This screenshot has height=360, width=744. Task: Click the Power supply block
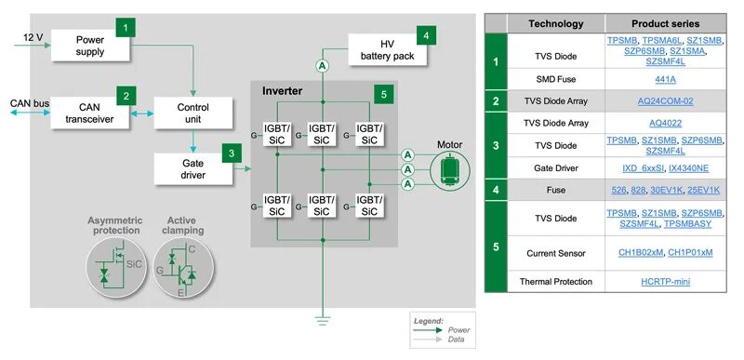(90, 46)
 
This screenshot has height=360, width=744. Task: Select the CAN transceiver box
(90, 113)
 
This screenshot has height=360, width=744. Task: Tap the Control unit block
(193, 113)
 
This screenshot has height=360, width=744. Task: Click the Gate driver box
(193, 169)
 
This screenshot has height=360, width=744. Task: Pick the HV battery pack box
(388, 50)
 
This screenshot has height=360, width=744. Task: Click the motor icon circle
(450, 169)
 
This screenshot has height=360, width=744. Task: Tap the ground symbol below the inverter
(323, 321)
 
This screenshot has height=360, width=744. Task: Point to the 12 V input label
(33, 37)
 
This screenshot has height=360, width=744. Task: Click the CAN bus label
(31, 102)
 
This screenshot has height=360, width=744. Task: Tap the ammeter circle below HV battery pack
(323, 67)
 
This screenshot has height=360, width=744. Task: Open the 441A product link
(665, 79)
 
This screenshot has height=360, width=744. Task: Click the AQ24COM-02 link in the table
(665, 101)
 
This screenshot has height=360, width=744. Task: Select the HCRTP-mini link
(665, 282)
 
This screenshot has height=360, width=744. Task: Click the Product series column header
(665, 23)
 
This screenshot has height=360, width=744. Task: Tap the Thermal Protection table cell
(555, 282)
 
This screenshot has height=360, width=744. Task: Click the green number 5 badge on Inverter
(383, 94)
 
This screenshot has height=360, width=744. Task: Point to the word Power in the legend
(458, 329)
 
